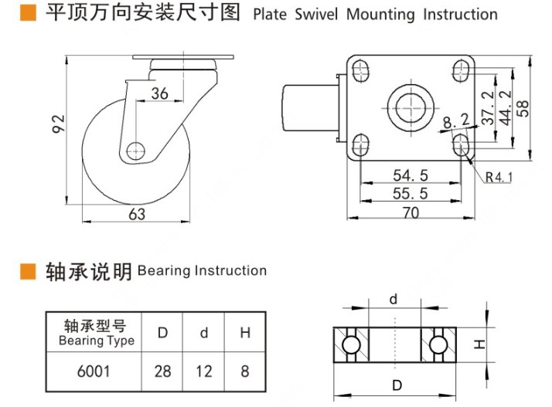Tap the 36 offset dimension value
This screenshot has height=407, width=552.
[159, 93]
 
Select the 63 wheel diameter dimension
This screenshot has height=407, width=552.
[136, 215]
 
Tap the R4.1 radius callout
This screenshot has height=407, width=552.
[499, 178]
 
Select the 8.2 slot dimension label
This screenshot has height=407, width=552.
[456, 120]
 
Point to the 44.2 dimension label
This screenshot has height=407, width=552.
[506, 108]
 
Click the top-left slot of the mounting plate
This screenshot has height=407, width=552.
[361, 72]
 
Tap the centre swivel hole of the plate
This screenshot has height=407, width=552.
[410, 107]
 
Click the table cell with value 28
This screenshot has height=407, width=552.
[163, 371]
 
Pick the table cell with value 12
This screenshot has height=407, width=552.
[203, 371]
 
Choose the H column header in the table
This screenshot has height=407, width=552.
[245, 333]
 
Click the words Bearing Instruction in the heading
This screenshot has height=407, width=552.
[202, 271]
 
